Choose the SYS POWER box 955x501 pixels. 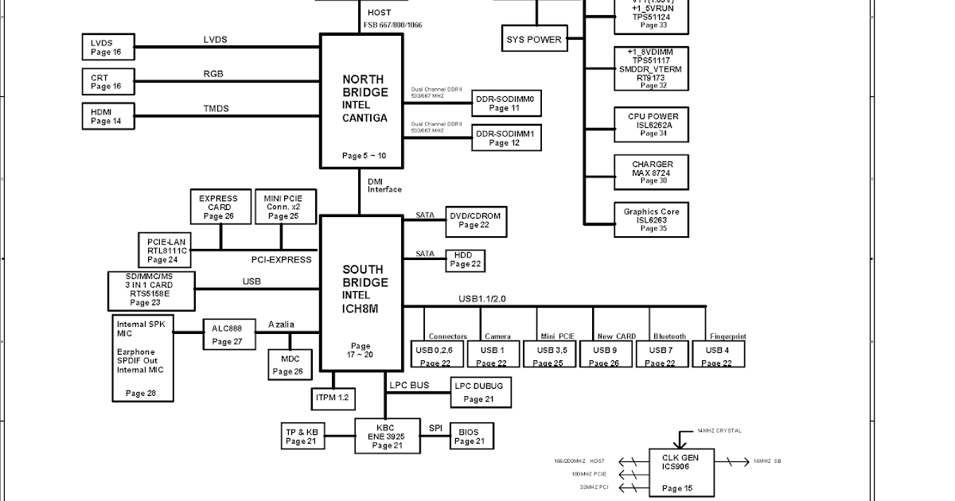point(534,39)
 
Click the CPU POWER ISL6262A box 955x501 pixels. point(651,124)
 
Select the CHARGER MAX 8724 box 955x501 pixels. point(651,172)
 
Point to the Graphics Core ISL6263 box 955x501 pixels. point(651,219)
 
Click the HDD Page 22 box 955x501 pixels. point(465,260)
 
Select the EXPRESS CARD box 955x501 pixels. point(218,207)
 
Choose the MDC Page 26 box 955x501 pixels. point(287,364)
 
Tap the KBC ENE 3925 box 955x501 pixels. point(385,437)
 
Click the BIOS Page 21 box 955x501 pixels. point(471,436)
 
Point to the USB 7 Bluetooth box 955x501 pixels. point(661,354)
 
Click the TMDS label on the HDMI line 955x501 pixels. point(216,109)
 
